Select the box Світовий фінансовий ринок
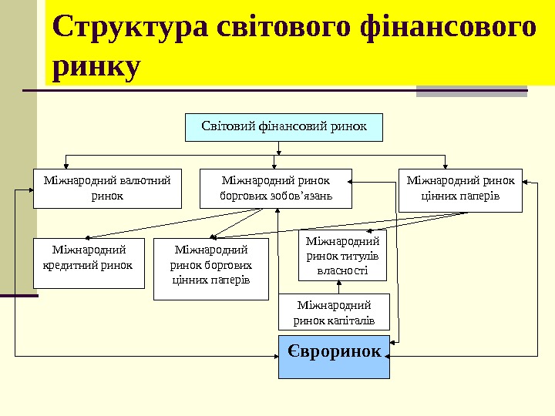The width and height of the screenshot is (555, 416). (x=284, y=126)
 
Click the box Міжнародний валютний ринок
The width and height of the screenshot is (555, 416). (x=107, y=189)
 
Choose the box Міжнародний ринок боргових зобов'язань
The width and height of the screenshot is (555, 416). (x=276, y=189)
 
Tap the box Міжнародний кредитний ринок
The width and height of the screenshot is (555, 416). (x=89, y=263)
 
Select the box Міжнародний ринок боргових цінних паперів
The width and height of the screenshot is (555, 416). (x=211, y=269)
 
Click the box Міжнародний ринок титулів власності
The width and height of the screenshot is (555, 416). (x=342, y=256)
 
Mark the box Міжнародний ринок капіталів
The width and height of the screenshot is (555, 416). (x=334, y=313)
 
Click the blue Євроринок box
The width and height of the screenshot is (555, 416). (x=334, y=356)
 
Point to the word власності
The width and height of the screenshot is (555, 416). (x=342, y=270)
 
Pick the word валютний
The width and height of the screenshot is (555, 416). (x=143, y=181)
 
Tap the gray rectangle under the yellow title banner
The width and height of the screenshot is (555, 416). (x=471, y=92)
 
